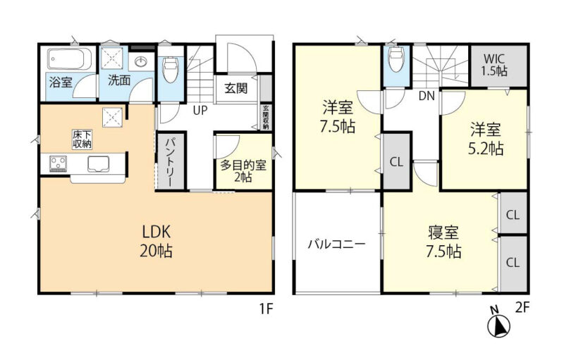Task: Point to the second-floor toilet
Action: tap(396, 58)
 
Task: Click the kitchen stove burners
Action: tap(59, 163)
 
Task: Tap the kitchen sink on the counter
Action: tap(98, 164)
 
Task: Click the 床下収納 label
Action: tap(82, 139)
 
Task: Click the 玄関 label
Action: tap(236, 88)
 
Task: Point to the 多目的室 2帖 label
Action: tap(243, 170)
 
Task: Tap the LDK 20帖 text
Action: tap(156, 242)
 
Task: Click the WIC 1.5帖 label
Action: tap(494, 65)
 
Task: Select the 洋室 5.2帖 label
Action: tap(486, 139)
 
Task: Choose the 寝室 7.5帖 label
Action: tap(444, 242)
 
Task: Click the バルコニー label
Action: tap(337, 244)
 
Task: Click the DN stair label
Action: tap(427, 96)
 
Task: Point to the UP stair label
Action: tap(200, 111)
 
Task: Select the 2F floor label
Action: tap(522, 308)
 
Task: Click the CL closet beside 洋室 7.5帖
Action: tap(396, 162)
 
